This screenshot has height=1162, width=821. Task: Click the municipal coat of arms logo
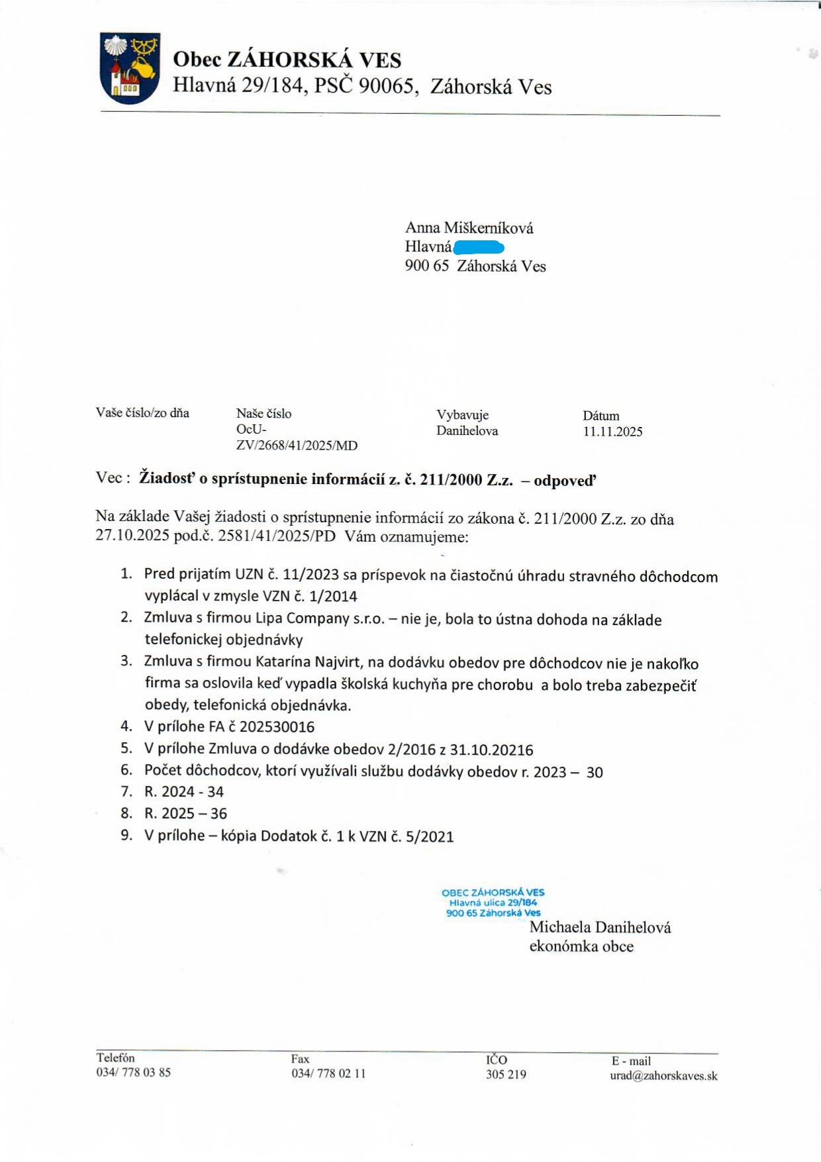(130, 68)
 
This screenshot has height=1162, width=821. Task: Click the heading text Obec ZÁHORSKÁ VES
(287, 60)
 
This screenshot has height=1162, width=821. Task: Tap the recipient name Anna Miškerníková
(469, 228)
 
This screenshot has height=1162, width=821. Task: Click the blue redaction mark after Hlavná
(479, 248)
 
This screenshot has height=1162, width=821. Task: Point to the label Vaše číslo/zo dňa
(142, 412)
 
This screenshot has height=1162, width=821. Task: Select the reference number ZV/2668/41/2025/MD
(297, 446)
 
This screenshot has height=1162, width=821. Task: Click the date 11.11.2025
(612, 432)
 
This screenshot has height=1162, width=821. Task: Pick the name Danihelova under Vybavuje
(467, 430)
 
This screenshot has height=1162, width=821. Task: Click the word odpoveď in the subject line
(565, 481)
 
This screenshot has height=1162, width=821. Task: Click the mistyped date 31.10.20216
(491, 750)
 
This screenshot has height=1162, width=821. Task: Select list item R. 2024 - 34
(184, 792)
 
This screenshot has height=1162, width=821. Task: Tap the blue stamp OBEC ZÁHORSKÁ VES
(493, 893)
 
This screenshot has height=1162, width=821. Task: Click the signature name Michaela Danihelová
(600, 927)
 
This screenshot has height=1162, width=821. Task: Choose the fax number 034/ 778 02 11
(328, 1073)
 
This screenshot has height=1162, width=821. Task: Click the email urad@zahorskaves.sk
(663, 1076)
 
